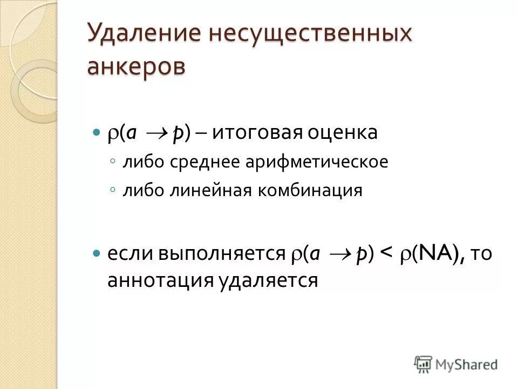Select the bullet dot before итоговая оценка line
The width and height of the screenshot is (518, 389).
pos(97,132)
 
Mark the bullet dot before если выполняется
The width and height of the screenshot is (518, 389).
pos(97,253)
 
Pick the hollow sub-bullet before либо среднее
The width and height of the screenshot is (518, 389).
pos(112,162)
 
